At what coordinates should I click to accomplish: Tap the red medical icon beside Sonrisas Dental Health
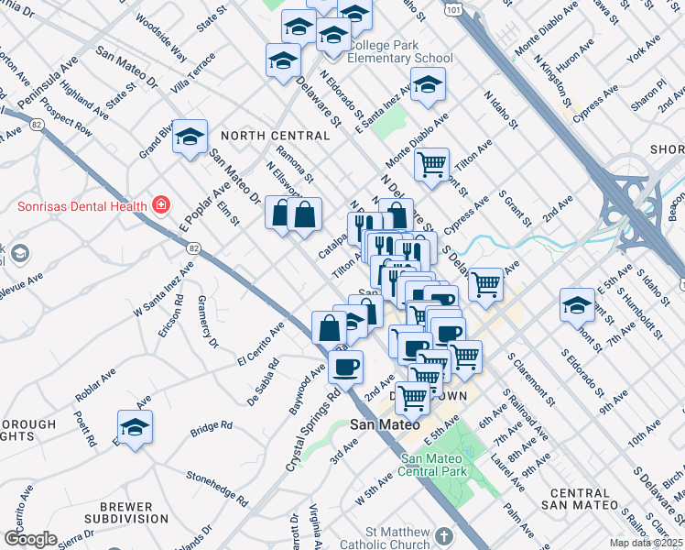click(x=161, y=203)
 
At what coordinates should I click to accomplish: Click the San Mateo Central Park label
click(x=436, y=465)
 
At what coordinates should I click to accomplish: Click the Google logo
click(x=30, y=539)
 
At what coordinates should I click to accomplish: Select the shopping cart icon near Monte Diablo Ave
click(x=431, y=165)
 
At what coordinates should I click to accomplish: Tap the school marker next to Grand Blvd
click(x=190, y=137)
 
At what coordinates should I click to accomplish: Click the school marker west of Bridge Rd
click(x=135, y=427)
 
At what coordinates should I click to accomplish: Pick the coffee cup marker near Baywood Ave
click(x=345, y=367)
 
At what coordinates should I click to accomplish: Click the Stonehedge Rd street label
click(x=217, y=489)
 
